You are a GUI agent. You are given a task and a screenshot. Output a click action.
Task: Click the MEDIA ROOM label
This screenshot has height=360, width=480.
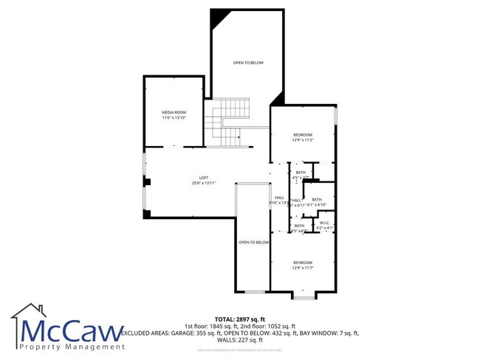[174, 112]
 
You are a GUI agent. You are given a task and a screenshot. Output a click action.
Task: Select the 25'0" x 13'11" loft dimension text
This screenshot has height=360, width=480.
[204, 183]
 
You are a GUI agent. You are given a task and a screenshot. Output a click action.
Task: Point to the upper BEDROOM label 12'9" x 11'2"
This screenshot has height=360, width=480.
[303, 134]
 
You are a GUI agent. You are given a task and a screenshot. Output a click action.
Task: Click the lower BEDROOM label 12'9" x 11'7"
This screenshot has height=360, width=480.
[303, 263]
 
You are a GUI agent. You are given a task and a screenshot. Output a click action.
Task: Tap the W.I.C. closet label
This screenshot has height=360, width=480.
[325, 224]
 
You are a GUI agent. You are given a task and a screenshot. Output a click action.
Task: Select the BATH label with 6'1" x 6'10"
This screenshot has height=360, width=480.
[316, 199]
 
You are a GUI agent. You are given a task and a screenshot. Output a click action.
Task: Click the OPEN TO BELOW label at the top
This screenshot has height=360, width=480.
[248, 63]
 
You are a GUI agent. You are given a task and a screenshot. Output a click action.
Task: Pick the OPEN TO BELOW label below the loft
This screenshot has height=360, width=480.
[253, 242]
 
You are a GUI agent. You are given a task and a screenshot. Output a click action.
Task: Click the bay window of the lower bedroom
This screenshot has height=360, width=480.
[304, 296]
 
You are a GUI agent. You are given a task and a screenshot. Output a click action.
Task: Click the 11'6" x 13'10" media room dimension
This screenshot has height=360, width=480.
[174, 117]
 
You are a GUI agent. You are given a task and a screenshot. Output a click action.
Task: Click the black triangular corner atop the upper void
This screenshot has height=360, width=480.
[219, 16]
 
